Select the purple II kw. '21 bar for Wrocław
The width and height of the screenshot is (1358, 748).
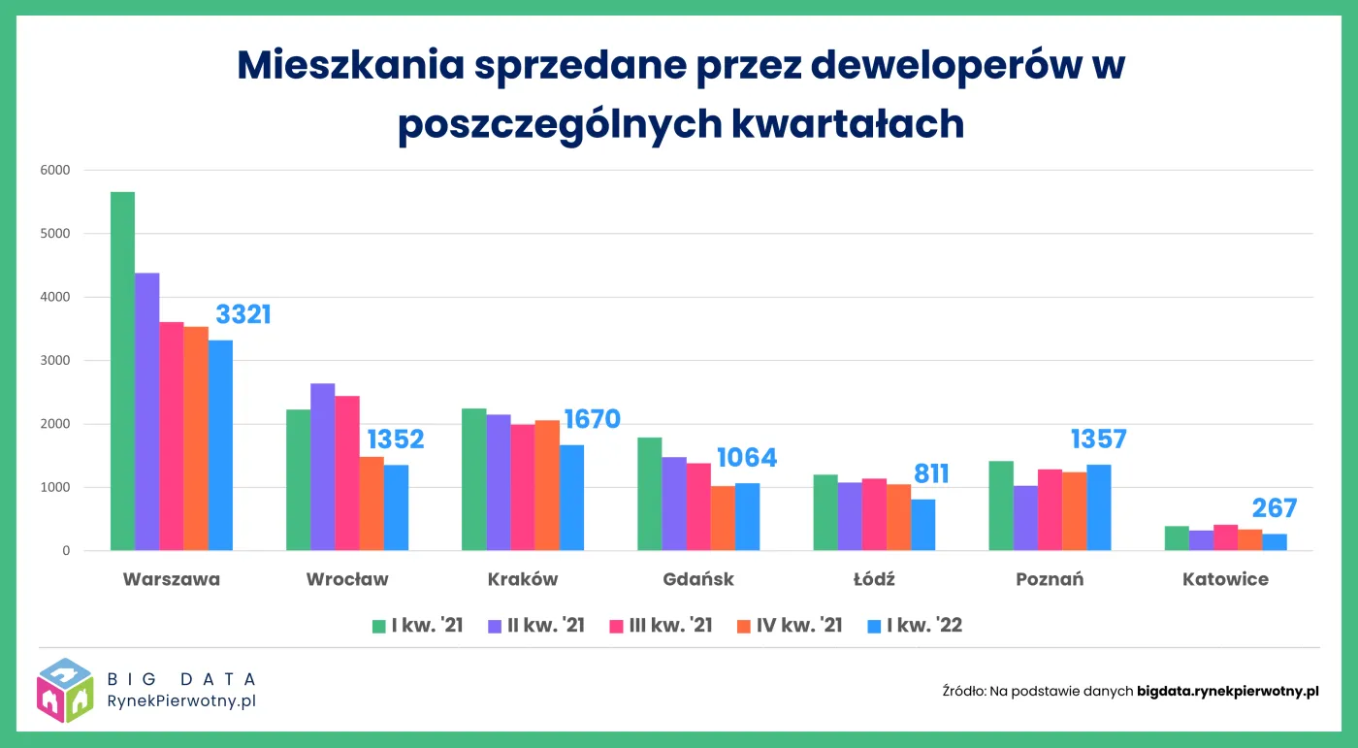tap(323, 468)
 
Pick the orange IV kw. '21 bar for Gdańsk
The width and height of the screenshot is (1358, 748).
tap(723, 519)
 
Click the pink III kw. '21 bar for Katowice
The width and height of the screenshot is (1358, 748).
tap(1225, 538)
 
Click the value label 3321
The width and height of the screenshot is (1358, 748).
tap(243, 314)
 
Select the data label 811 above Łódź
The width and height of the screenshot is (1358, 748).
tap(931, 473)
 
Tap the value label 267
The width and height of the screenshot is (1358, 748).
tap(1274, 508)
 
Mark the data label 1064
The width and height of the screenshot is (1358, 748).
tap(747, 458)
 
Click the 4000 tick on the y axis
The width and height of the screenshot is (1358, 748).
tap(54, 297)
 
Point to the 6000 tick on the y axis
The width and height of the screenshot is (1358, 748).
tap(54, 171)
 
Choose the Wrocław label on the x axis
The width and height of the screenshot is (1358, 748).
tap(347, 580)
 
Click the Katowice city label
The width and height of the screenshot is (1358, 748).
tap(1225, 580)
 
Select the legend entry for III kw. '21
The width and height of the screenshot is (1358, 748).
tap(660, 626)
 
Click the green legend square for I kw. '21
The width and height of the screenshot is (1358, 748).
tap(380, 626)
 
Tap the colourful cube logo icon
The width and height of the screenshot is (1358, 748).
tap(65, 690)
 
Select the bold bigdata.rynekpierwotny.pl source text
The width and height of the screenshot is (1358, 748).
tap(1227, 692)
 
